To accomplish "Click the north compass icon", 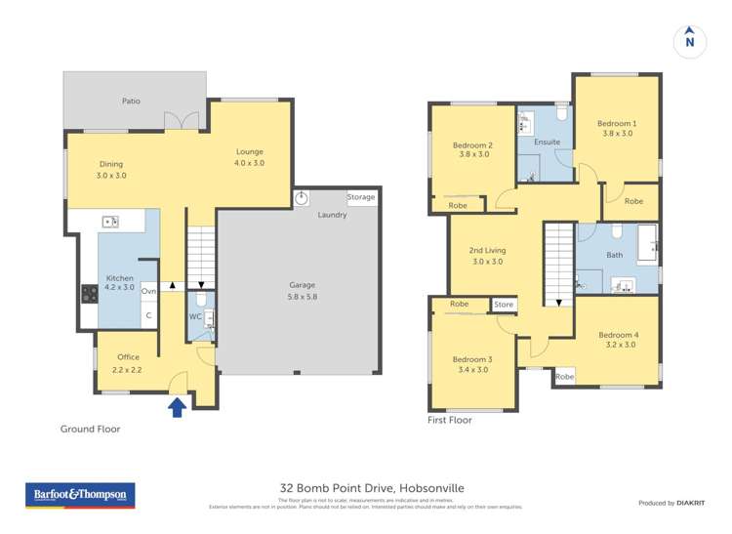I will pos(690,41).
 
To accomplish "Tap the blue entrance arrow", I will pos(178,407).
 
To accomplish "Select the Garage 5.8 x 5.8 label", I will pos(302,290).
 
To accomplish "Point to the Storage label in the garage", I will pos(361,197).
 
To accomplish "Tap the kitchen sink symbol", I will pos(110,223).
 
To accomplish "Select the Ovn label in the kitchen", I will pos(148,291).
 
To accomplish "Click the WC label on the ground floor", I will pos(194,316).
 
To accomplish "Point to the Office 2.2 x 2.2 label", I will pos(128,363).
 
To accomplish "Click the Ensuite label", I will pos(547,143).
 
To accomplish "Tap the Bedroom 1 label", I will pos(616,128).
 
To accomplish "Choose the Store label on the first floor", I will pos(503,305).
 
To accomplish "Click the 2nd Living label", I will pos(487,256).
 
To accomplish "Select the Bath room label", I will pos(614,255).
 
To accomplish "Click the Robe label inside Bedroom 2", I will pos(457,205).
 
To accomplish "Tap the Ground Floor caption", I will pos(90,429).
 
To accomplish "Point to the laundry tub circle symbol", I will pos(302,197).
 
